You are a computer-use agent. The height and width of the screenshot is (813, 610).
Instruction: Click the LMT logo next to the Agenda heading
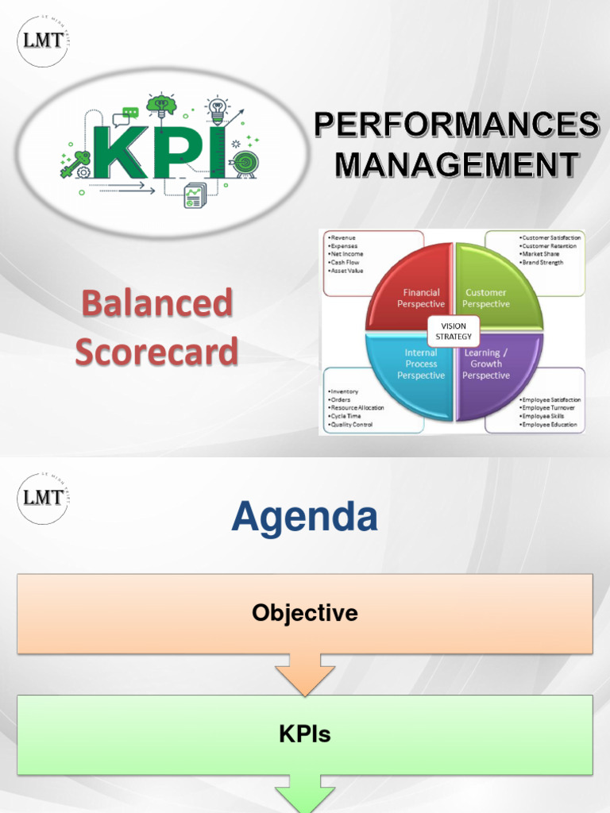[44, 499]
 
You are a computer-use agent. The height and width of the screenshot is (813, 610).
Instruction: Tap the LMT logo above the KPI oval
[44, 40]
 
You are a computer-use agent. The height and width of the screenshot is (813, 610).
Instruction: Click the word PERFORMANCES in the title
[456, 125]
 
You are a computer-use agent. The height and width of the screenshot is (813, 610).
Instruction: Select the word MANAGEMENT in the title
[456, 164]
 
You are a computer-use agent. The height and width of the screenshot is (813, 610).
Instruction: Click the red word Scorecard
[156, 351]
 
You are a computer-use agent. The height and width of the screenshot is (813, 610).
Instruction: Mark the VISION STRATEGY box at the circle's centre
[454, 330]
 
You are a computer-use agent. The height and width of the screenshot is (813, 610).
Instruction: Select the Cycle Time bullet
[346, 416]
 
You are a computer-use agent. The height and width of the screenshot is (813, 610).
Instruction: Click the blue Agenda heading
[304, 518]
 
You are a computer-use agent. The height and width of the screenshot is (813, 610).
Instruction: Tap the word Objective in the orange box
[305, 613]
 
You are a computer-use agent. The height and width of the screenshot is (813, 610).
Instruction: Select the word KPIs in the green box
[305, 734]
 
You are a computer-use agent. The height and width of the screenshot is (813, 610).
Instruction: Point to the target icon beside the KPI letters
[244, 164]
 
